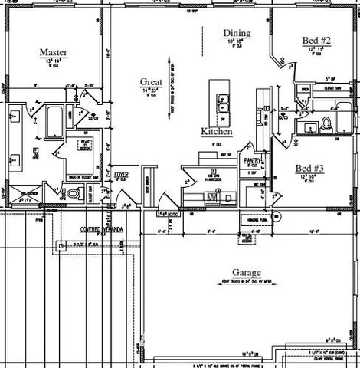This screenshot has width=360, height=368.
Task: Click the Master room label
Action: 54,52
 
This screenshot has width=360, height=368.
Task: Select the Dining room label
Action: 237,33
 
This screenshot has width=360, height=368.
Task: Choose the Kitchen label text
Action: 216,131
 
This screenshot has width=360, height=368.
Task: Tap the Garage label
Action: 247,273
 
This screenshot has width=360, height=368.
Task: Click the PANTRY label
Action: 253,160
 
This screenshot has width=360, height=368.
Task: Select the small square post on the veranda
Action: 61,246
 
